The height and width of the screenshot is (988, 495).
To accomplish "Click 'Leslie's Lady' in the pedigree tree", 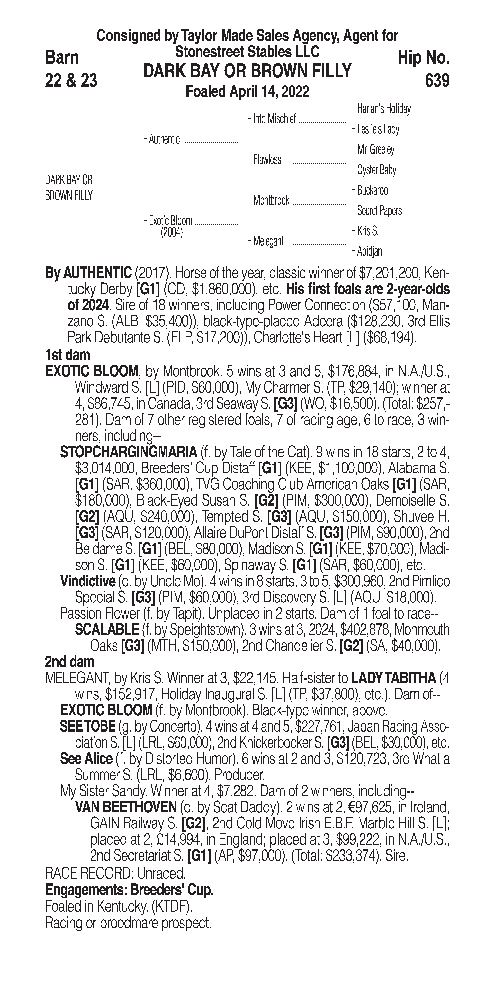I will coord(378,129).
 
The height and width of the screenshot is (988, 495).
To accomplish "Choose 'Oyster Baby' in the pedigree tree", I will coord(376,170).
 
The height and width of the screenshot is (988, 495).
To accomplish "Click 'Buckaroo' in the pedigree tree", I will coord(372,190).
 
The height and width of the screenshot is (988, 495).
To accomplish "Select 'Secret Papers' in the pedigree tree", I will coord(379,211).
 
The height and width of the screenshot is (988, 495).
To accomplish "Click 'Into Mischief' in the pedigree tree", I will coord(274,119).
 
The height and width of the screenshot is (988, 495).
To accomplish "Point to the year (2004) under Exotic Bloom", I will coord(172,232).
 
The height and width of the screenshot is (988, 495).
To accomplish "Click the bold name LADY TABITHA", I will coord(393,678).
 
